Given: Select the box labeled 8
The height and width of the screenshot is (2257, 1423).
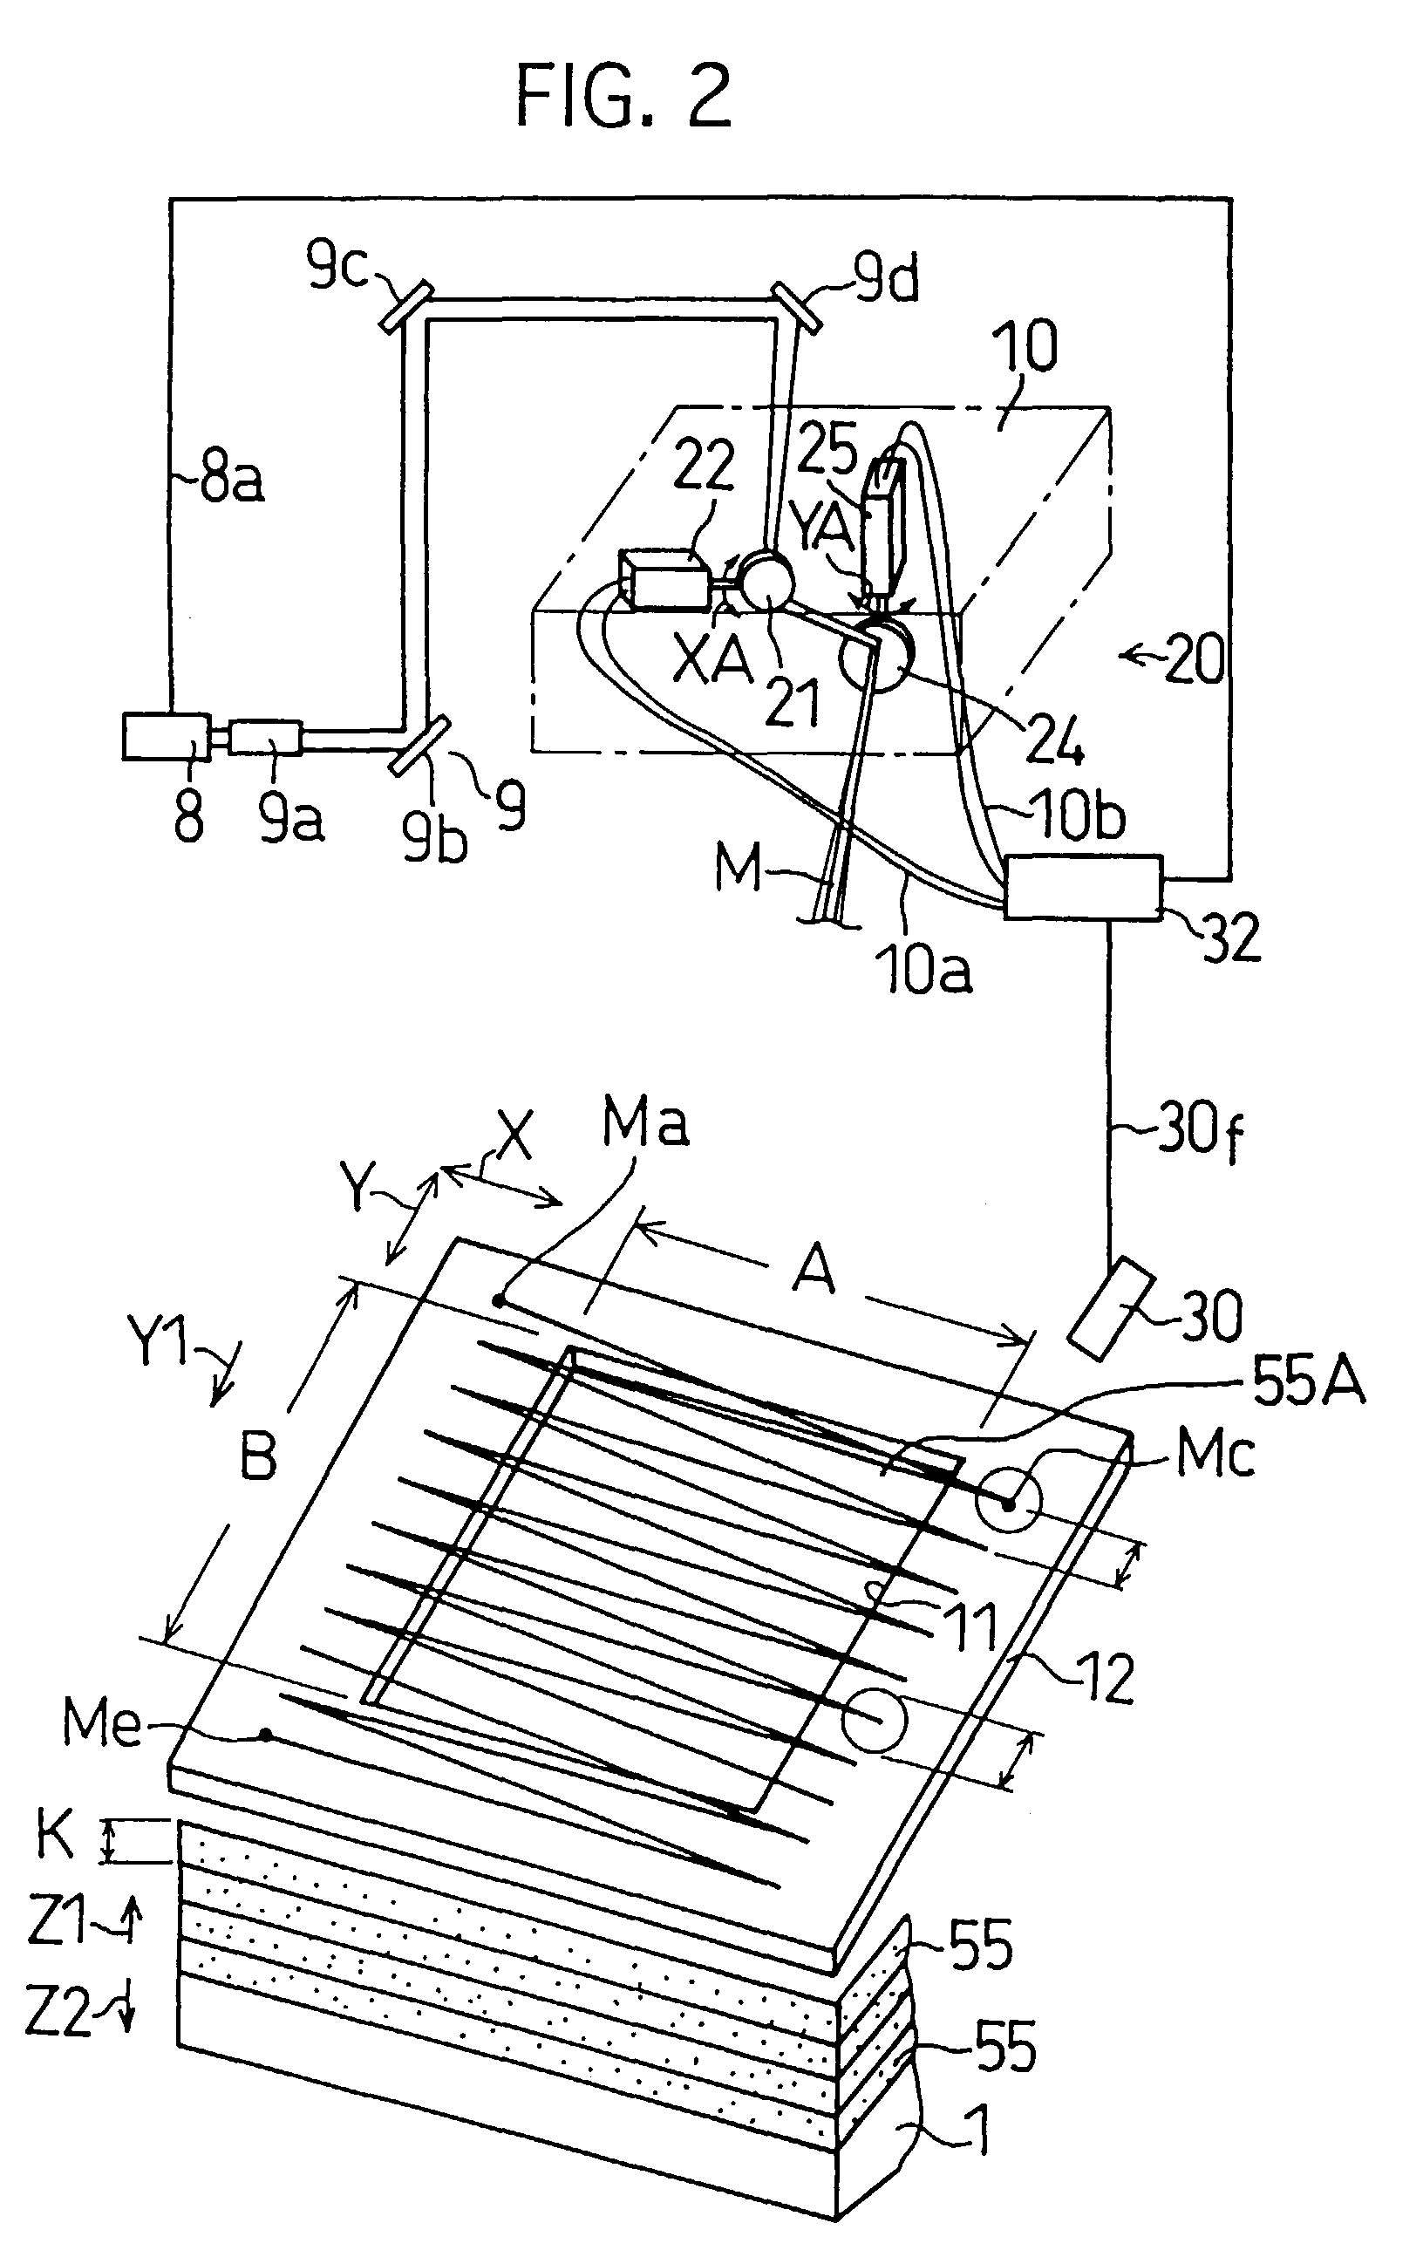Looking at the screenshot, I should pyautogui.click(x=166, y=737).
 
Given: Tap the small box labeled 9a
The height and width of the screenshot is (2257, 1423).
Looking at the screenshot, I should pyautogui.click(x=265, y=738).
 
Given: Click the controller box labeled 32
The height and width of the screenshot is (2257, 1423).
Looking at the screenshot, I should pyautogui.click(x=1083, y=887).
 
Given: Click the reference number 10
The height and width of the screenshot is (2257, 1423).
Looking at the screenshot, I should pyautogui.click(x=1029, y=347).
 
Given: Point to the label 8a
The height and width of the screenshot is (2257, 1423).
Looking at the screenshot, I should pyautogui.click(x=230, y=480).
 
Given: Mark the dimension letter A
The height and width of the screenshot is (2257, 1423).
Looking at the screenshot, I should pyautogui.click(x=814, y=1271).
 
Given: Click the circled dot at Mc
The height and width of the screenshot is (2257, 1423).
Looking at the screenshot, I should pyautogui.click(x=1008, y=1504).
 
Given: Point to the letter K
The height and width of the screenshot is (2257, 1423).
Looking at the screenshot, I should pyautogui.click(x=55, y=1835).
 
